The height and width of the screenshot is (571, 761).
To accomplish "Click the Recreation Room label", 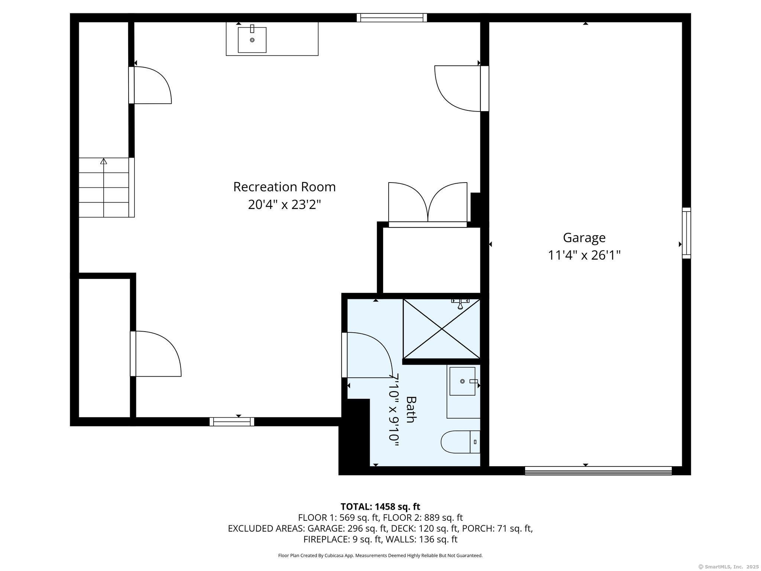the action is pos(284,187).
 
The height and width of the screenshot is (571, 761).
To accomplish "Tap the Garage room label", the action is pos(584,238).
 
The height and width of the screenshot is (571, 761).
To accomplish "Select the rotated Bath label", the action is pos(411,409).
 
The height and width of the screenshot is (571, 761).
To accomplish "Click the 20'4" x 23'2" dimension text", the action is pos(284,204).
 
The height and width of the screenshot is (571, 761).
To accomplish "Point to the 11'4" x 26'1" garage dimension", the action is pos(584,255).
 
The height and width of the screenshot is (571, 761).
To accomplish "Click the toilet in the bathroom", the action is pos(461,442).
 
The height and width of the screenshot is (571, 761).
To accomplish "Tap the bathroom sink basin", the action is pos(462,381).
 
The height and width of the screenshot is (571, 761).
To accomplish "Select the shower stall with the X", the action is pos(441,329).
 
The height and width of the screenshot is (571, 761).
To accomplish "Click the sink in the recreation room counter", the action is pos(252,39).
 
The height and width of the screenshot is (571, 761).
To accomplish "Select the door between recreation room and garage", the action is pos(462,88).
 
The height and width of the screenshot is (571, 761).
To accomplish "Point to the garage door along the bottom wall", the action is pos(598,471).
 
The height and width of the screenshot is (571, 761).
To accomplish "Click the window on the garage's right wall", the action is pos(686,233).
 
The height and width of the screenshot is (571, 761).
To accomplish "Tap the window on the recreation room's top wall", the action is pos(392,18).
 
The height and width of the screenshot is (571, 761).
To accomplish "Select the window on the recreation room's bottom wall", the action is pos(232,422).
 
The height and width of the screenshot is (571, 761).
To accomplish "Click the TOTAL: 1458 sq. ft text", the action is pos(380,507).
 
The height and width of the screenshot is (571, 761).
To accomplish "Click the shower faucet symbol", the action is pos(460,304).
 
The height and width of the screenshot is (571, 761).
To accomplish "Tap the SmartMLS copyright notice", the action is pos(729,567).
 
